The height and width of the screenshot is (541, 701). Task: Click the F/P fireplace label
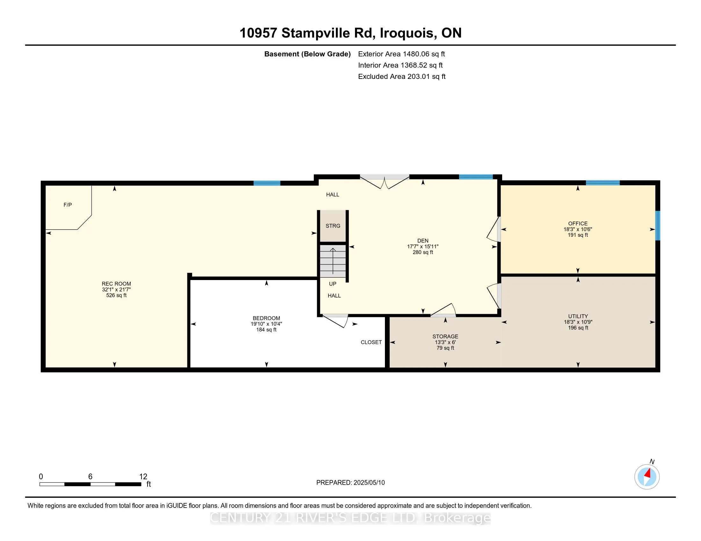tap(68, 205)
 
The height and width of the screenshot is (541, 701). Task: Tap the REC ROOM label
tap(116, 284)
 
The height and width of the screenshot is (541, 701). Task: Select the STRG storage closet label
tap(333, 226)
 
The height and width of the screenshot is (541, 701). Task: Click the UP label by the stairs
tap(333, 284)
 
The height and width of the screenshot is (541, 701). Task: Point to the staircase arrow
tap(333, 261)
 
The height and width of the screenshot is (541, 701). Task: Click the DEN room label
tap(423, 241)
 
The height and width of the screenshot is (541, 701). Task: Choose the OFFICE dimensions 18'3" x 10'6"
tap(578, 229)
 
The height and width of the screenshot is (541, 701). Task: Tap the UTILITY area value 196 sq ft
tap(578, 327)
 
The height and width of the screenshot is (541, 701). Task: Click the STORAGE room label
tap(445, 336)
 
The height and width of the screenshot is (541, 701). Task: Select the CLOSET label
tap(371, 342)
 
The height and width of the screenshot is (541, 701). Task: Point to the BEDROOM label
tap(266, 318)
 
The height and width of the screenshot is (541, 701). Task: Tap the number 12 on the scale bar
tap(143, 477)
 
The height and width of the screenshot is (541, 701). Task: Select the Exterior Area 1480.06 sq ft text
tap(401, 54)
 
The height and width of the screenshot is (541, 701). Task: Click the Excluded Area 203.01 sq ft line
tap(402, 76)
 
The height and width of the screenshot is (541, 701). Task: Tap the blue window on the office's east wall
tap(657, 225)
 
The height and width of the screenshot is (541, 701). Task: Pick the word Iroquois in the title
tap(407, 33)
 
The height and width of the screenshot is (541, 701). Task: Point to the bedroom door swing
tap(335, 321)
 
